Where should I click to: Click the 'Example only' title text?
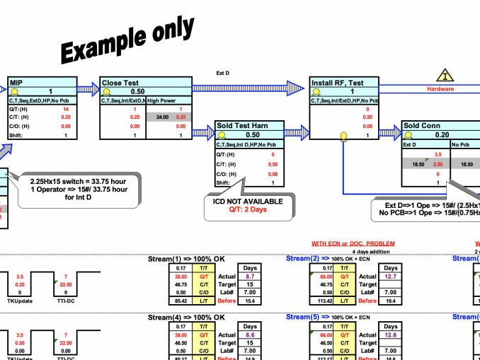point(127,40)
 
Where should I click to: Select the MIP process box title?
point(16,83)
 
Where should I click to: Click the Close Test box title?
point(120,83)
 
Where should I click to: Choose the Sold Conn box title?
point(421,126)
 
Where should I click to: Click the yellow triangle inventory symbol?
point(445,75)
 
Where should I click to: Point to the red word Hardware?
point(440,89)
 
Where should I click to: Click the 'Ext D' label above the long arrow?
point(222,72)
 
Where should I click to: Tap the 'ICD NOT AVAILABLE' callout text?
point(248,202)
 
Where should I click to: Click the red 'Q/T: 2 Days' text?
point(248,209)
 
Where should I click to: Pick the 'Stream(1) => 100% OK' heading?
point(191,260)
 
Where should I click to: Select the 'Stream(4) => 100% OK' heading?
point(191,318)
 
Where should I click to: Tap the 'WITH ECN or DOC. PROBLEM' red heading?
point(353,244)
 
